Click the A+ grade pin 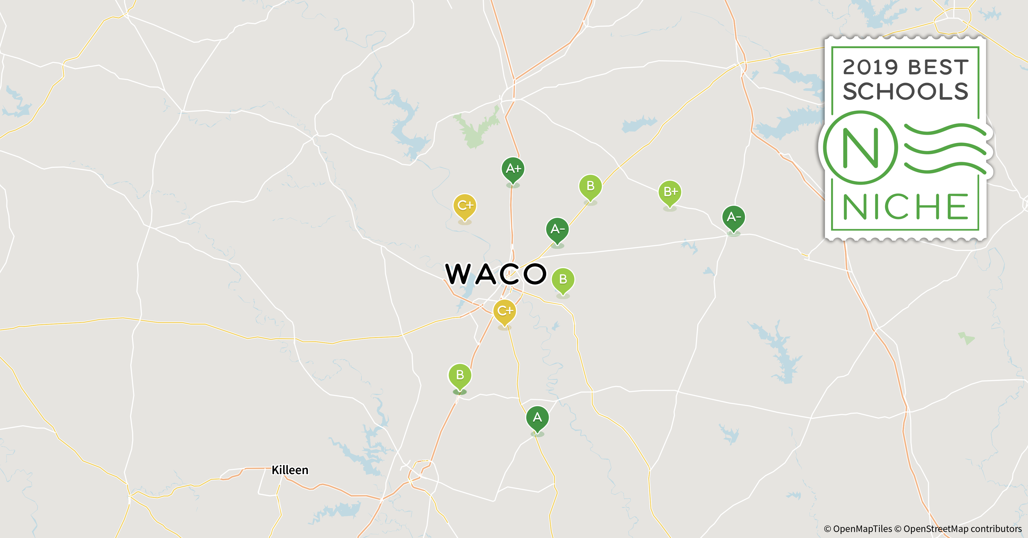[x=513, y=169]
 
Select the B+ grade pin [x=670, y=192]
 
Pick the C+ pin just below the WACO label [x=504, y=311]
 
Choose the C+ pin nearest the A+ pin [x=464, y=206]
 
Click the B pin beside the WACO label [x=563, y=279]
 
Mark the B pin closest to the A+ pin [x=590, y=186]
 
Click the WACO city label [x=496, y=274]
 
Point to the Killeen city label [x=290, y=470]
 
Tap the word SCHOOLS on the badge [x=905, y=92]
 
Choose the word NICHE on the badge [x=905, y=207]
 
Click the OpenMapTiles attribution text [x=858, y=529]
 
